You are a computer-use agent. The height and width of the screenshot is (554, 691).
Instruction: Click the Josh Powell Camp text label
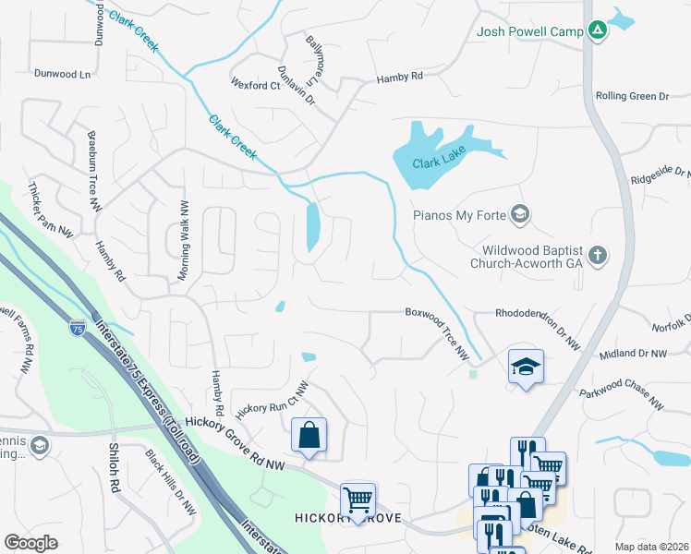pos(529,31)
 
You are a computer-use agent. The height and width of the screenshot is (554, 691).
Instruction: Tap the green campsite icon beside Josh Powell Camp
pos(598,31)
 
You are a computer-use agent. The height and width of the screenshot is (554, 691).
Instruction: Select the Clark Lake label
pos(436,163)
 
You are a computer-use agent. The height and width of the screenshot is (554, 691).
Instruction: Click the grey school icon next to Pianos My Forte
pos(520,215)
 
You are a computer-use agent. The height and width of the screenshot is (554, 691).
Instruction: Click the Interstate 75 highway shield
pos(77,328)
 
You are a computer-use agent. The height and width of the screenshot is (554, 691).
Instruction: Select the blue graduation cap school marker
pos(526,367)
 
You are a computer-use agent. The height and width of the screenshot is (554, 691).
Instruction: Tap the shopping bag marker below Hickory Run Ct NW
pos(309,435)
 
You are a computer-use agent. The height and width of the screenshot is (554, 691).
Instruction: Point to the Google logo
pos(31,542)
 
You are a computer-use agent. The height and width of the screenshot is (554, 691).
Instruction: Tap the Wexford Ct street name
pos(256,86)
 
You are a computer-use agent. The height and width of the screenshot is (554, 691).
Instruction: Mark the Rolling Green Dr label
pos(632,96)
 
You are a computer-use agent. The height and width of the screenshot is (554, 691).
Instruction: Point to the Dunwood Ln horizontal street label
pos(64,73)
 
